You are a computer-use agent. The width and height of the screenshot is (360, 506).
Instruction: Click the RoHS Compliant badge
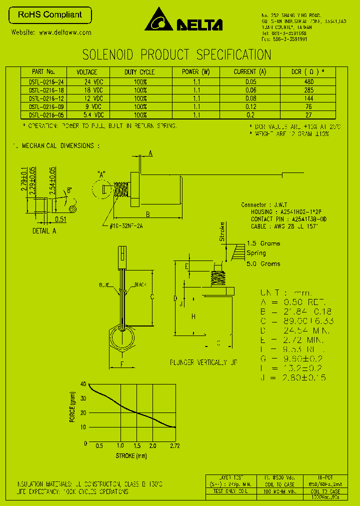click(50, 15)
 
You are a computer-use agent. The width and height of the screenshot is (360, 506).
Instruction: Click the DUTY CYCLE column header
click(139, 72)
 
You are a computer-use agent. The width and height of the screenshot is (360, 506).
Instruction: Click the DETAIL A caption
click(44, 230)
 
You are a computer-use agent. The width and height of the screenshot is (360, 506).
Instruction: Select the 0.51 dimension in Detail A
click(60, 219)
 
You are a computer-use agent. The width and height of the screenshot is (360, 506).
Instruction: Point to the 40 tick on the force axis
click(83, 384)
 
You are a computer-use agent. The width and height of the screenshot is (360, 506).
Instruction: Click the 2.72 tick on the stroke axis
click(174, 445)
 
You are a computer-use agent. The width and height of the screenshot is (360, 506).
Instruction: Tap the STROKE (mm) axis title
click(131, 455)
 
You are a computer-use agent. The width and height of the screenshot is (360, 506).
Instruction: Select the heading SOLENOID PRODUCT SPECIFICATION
click(176, 54)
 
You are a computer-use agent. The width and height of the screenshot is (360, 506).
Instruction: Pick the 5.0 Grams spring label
click(263, 263)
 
